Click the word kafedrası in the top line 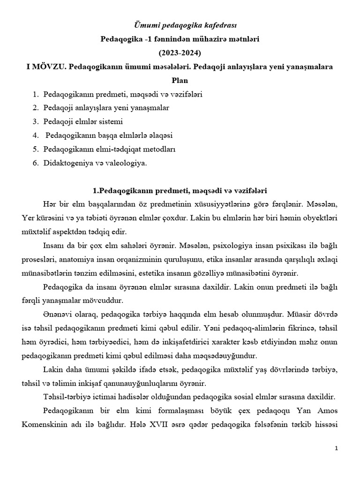click(213, 25)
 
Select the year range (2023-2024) click(180, 52)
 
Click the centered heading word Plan click(180, 80)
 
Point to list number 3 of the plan click(35, 122)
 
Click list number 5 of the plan click(35, 150)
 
